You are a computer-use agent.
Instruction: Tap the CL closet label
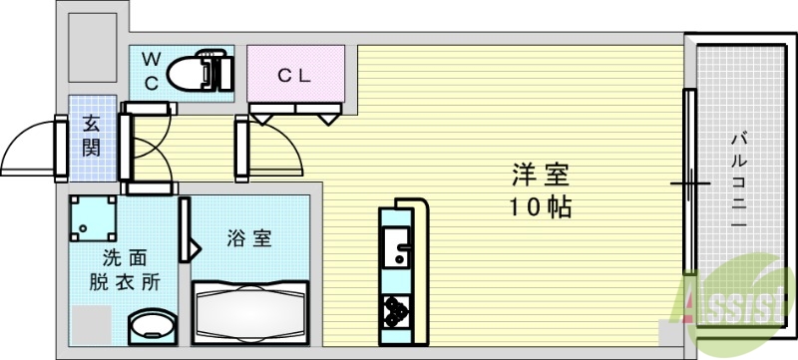click(294, 74)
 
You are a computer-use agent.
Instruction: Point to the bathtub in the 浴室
click(251, 312)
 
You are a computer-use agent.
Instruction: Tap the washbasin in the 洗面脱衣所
click(152, 326)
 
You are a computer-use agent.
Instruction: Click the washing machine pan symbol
click(93, 220)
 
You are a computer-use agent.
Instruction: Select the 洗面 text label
click(127, 256)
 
